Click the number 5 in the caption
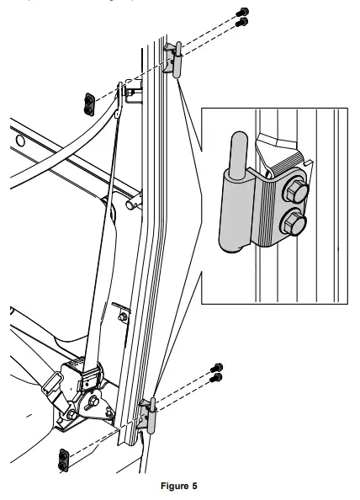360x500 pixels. (x=193, y=486)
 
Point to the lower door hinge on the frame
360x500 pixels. (x=150, y=416)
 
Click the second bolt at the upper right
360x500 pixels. (x=241, y=23)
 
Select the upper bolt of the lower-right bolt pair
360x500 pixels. (x=216, y=368)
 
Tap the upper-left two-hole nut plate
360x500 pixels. (x=88, y=102)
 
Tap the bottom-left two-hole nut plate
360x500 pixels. (x=63, y=460)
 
